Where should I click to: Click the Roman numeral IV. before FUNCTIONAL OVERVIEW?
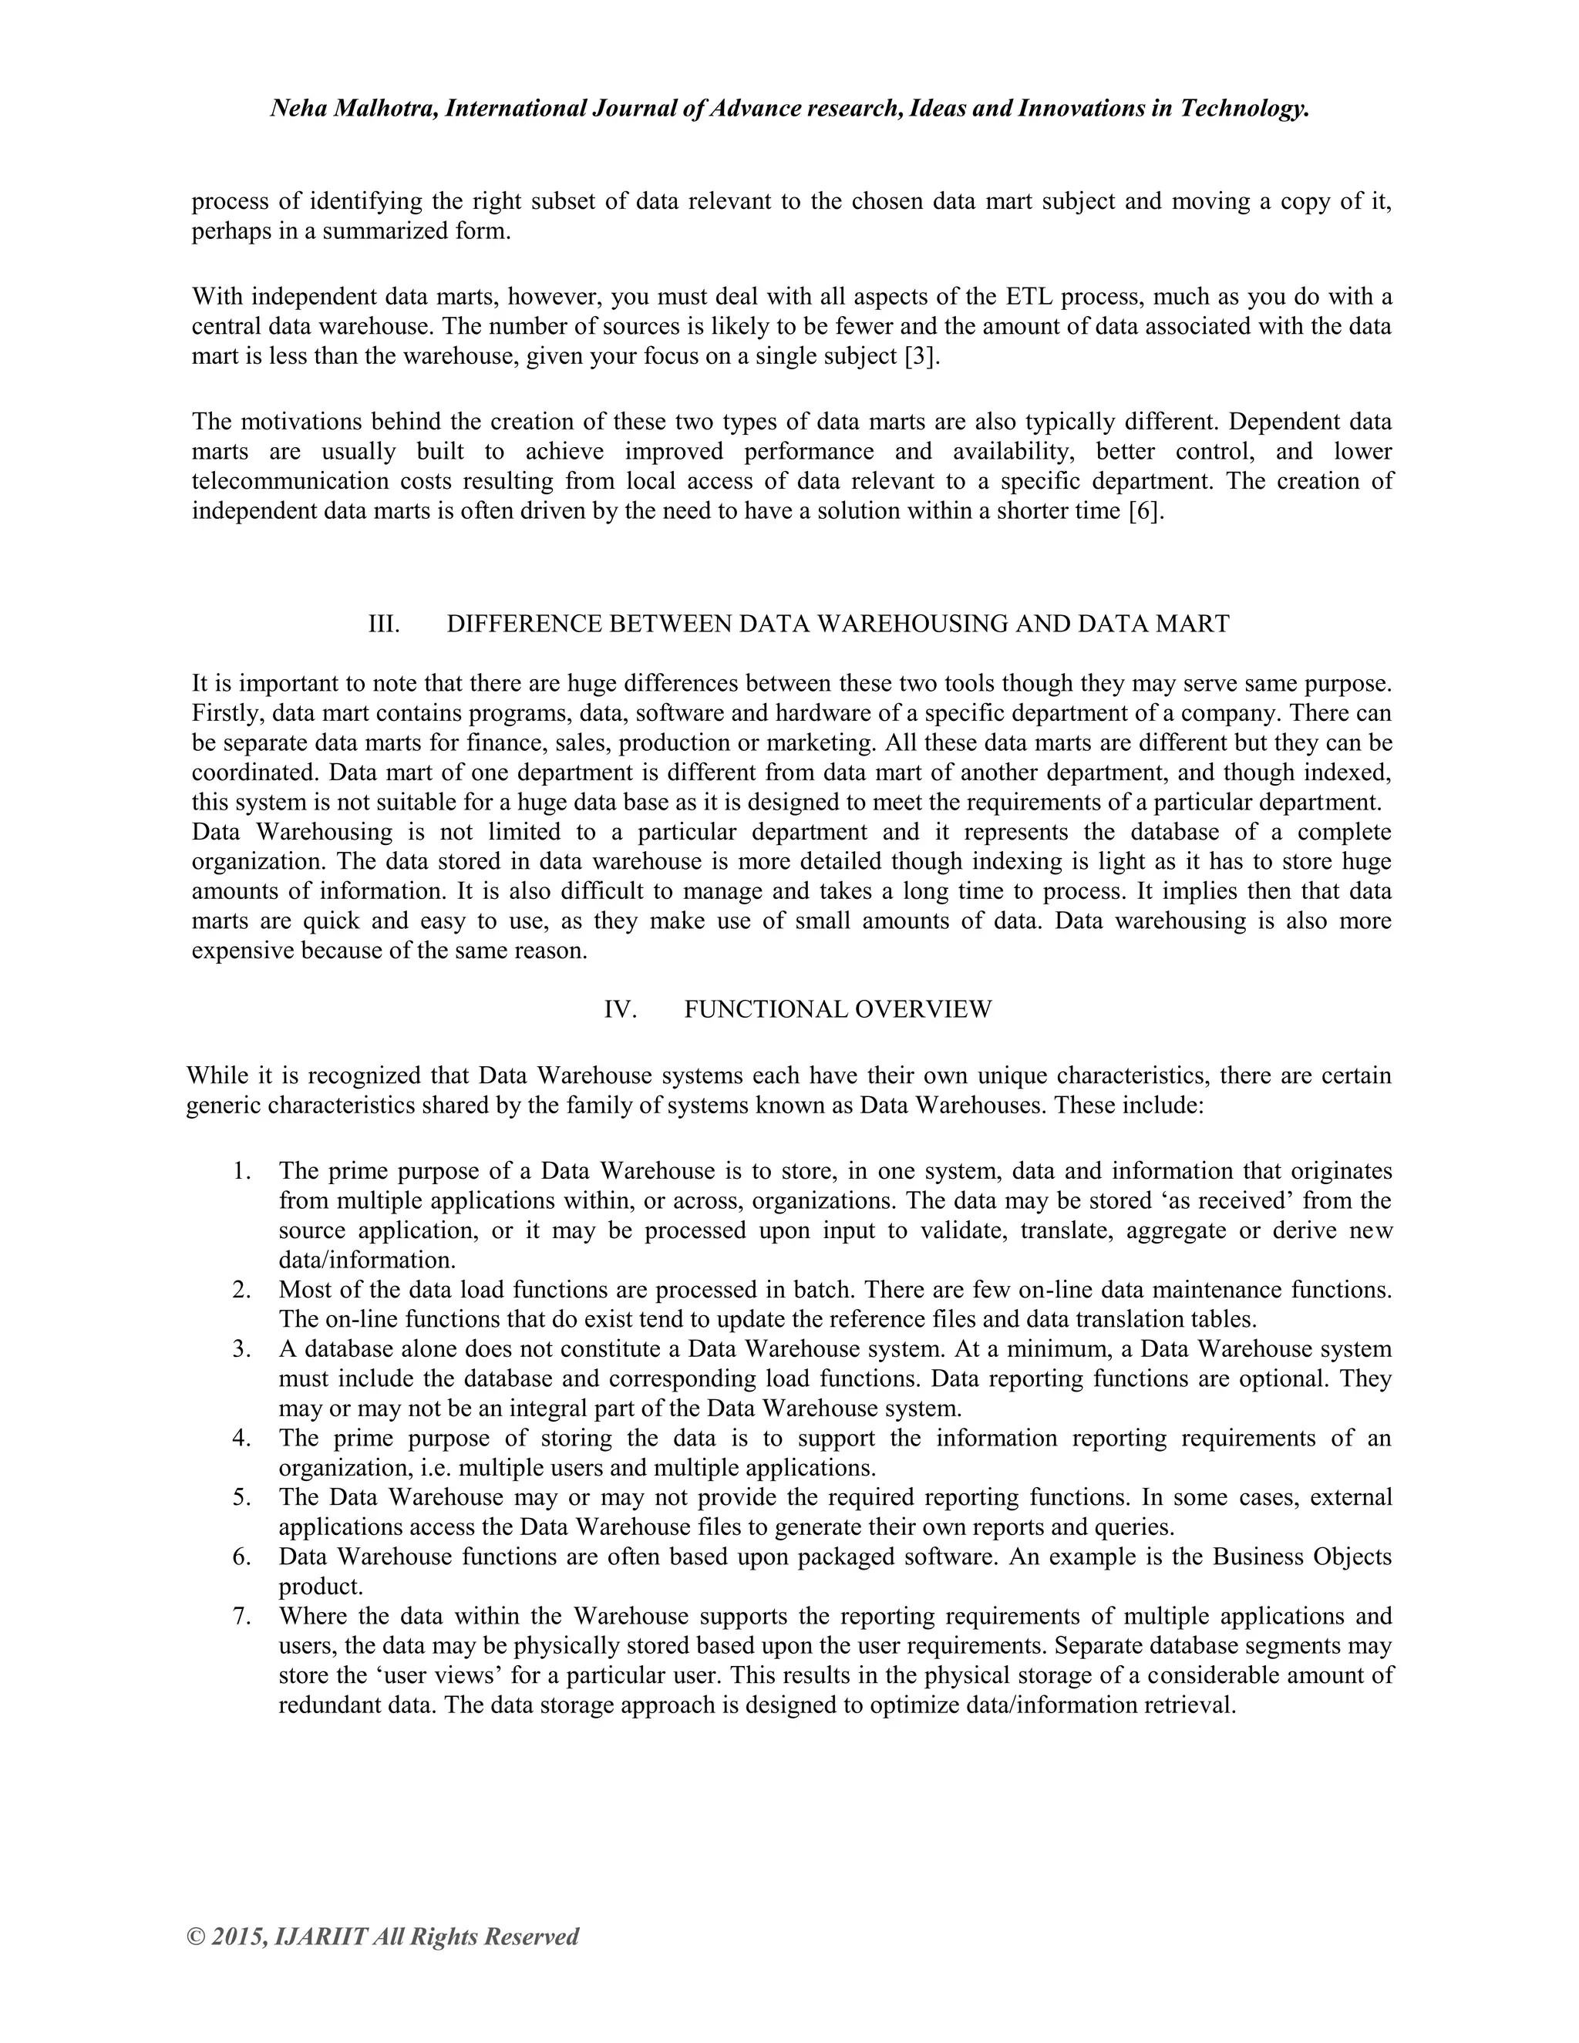point(620,1009)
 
